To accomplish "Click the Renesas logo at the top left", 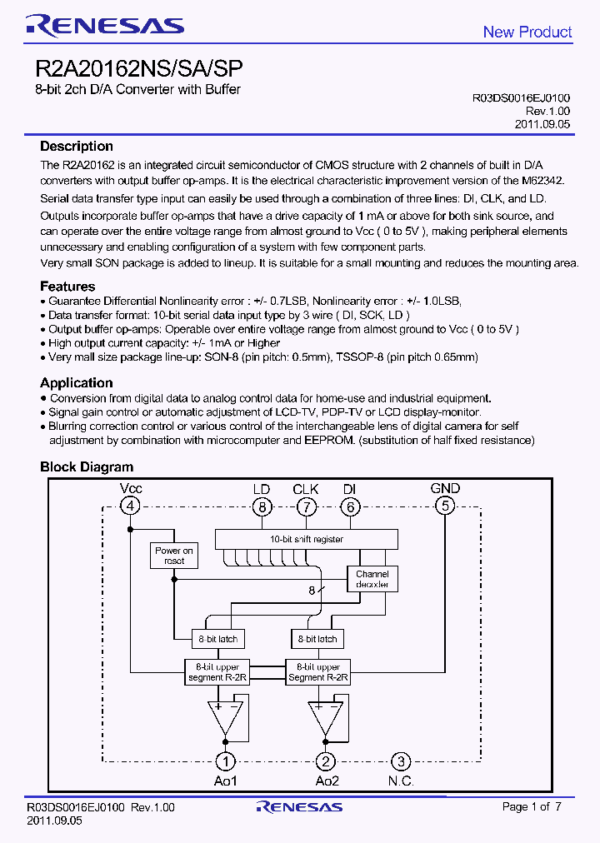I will click(x=104, y=26).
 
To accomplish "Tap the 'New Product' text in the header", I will click(x=527, y=32).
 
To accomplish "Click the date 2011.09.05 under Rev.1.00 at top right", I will click(x=542, y=123).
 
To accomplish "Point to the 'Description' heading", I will click(x=77, y=147).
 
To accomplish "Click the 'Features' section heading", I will click(x=67, y=287).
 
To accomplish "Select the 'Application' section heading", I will click(x=77, y=383).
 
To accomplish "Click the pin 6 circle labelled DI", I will click(x=350, y=506).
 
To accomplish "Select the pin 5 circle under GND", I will click(x=445, y=506).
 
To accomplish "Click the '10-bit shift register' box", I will click(x=306, y=540).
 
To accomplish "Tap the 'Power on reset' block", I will click(x=174, y=556).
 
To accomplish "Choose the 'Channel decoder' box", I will click(x=372, y=579).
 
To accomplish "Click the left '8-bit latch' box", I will click(x=217, y=639).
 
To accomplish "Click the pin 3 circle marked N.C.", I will click(x=401, y=761).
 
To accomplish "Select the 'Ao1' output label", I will click(x=225, y=781).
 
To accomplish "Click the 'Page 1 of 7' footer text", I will click(x=532, y=806).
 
